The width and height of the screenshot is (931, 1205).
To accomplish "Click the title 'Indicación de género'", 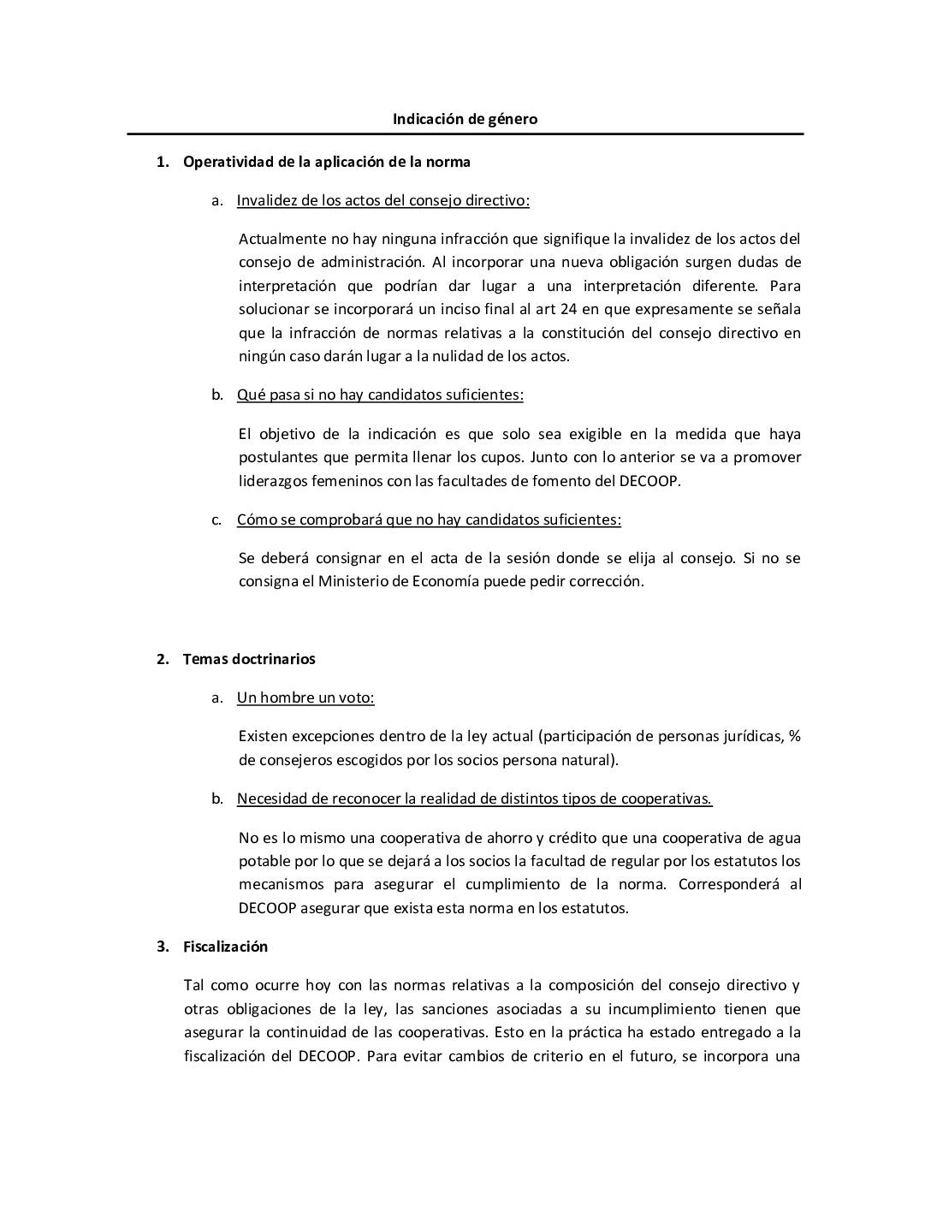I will click(x=465, y=119).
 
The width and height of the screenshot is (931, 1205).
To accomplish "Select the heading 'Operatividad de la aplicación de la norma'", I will click(x=326, y=161).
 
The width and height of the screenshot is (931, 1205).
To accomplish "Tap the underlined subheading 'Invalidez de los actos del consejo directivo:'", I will click(x=382, y=200).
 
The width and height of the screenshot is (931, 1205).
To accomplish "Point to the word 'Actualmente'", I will click(x=280, y=239).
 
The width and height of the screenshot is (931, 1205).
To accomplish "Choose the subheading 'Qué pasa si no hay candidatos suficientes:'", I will click(x=380, y=395).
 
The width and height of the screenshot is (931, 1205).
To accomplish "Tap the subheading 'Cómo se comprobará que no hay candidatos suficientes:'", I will click(x=429, y=519).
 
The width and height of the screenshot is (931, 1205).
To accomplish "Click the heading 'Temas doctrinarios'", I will click(x=249, y=659).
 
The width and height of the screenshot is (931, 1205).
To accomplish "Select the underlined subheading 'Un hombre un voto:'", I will click(x=305, y=697).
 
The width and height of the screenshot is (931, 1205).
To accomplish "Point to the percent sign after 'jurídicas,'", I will click(x=794, y=736).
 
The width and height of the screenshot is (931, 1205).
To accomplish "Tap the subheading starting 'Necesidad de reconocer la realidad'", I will click(x=474, y=798).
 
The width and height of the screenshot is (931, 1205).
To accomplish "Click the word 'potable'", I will click(x=264, y=861).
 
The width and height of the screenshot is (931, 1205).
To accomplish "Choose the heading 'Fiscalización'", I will click(x=225, y=947).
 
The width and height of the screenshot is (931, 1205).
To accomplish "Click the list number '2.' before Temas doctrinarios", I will click(x=163, y=659).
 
